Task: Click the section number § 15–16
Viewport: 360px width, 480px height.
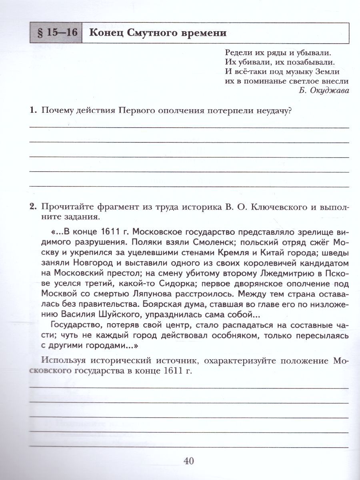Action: click(55, 33)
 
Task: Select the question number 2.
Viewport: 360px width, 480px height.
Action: click(33, 206)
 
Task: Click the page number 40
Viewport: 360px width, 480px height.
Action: click(188, 461)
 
